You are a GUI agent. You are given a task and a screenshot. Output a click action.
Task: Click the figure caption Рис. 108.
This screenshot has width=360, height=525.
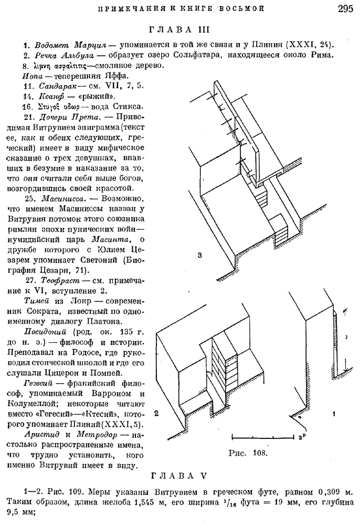click(246, 452)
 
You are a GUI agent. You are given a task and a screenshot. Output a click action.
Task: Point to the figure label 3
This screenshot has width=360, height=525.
click(200, 256)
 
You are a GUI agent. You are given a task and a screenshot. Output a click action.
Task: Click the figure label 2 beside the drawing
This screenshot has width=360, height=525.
click(157, 413)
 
